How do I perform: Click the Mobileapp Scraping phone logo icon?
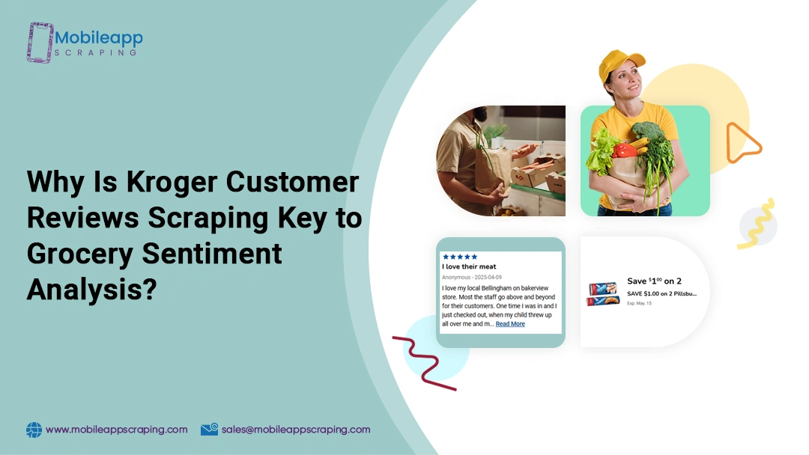[40, 42]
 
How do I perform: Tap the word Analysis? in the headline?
[91, 290]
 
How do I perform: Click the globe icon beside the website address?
[34, 430]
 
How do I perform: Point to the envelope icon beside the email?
[209, 430]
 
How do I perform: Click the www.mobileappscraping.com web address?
[116, 430]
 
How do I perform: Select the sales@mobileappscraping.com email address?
[296, 430]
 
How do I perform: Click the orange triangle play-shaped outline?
[742, 142]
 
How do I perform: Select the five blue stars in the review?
[460, 257]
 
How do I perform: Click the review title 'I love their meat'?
[469, 266]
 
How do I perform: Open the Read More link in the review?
[510, 324]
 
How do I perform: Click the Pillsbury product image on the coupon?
[604, 290]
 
